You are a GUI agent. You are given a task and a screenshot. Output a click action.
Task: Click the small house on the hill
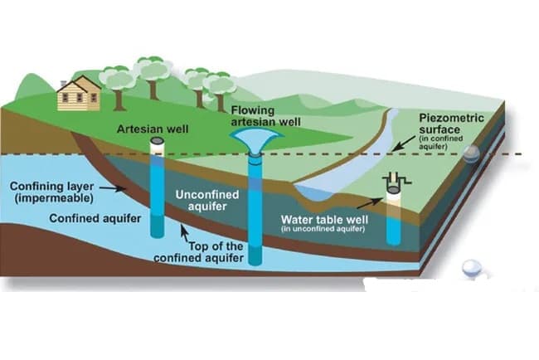(80, 94)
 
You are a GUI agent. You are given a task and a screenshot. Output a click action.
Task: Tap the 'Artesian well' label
(153, 129)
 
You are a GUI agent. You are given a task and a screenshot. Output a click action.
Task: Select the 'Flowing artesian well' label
(265, 116)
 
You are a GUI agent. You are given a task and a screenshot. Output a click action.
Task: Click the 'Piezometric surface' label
(451, 124)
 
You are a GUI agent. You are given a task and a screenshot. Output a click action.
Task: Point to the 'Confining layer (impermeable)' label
(51, 192)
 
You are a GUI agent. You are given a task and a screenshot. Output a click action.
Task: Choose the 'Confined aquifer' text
(95, 218)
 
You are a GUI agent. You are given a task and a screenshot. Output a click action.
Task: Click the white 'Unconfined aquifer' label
(207, 201)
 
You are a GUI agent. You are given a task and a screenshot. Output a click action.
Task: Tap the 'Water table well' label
(324, 219)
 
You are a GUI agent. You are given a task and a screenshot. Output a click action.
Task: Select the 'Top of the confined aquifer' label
(199, 252)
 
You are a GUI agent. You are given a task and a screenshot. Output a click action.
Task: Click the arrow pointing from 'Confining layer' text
(112, 188)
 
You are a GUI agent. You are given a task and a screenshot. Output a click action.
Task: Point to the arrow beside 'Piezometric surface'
(404, 143)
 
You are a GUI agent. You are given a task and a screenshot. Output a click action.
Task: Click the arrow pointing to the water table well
(370, 203)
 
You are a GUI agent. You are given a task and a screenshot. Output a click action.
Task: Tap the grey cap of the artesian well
(158, 141)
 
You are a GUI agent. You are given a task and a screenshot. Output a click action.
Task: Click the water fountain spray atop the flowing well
(257, 141)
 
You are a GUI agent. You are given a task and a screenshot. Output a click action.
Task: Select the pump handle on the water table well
(397, 179)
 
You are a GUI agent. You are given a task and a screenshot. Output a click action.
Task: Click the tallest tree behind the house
(153, 77)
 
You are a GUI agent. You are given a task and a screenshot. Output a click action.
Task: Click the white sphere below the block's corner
(471, 268)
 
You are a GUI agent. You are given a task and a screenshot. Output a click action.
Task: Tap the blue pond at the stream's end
(313, 192)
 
